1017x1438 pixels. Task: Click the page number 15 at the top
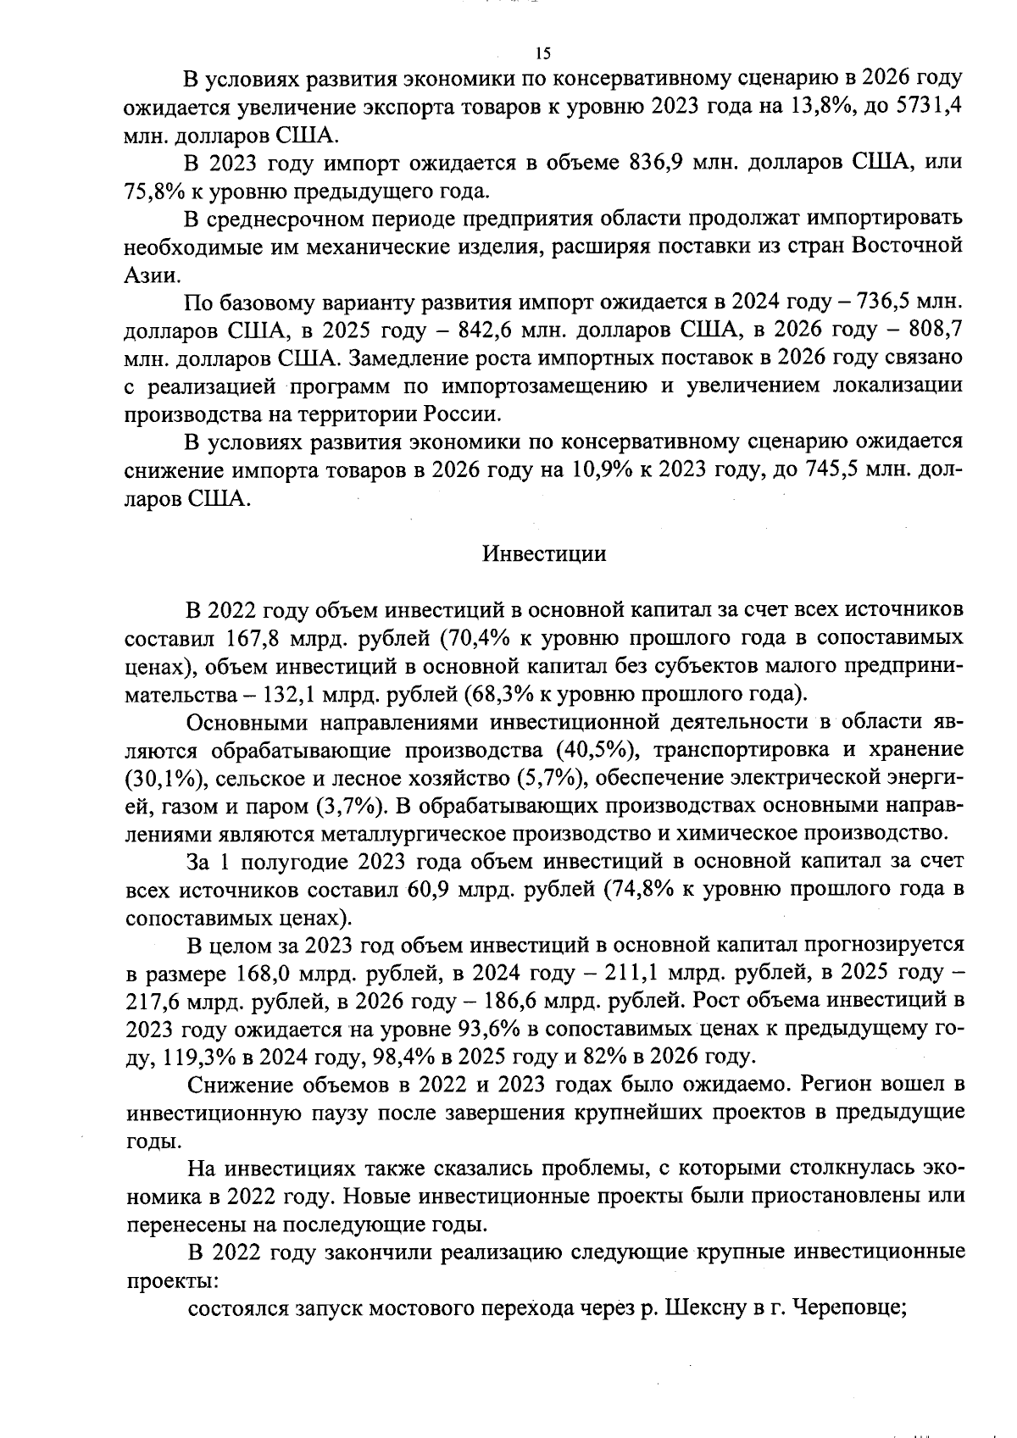[x=543, y=53]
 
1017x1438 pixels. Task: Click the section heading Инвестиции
[x=544, y=554]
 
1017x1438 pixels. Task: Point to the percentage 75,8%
[x=152, y=191]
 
